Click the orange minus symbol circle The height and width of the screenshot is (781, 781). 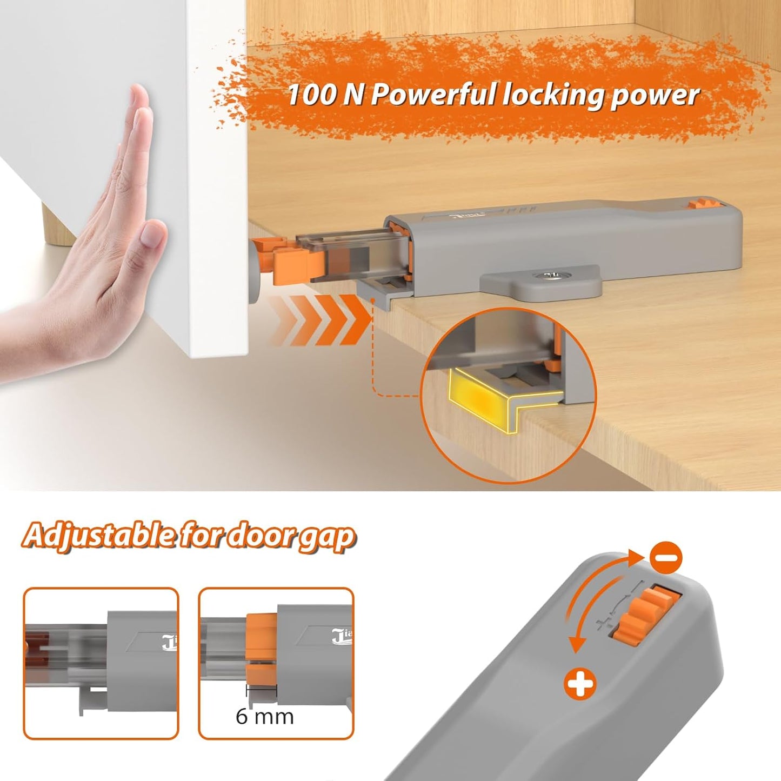(x=666, y=558)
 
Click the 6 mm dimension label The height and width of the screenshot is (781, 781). (x=264, y=717)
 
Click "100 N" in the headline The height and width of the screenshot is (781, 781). (x=311, y=95)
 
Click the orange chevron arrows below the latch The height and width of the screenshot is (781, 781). (x=319, y=320)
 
